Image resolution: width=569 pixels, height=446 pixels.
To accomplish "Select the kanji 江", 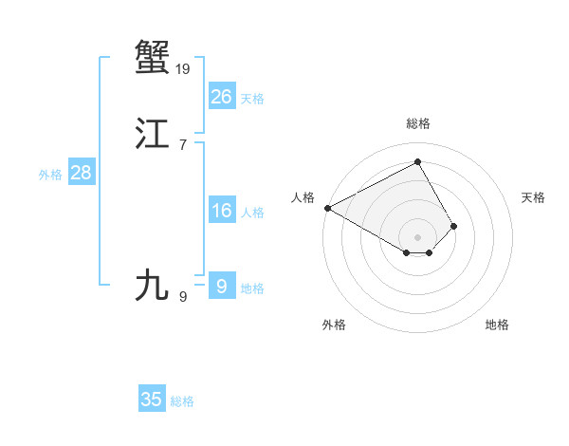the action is click(x=153, y=135).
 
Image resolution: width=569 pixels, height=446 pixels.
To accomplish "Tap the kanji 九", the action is click(x=153, y=285).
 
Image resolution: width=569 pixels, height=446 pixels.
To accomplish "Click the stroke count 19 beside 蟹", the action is click(x=183, y=68).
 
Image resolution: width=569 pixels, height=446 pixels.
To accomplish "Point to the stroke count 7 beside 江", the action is click(x=182, y=144).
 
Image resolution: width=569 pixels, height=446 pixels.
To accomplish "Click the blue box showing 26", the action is click(x=222, y=96).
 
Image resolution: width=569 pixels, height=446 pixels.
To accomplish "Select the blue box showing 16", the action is click(x=222, y=211).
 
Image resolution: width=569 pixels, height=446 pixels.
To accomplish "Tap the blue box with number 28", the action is click(x=81, y=173).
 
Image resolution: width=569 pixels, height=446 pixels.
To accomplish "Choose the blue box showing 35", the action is click(x=152, y=400).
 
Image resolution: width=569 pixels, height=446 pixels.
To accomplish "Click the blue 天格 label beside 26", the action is click(x=252, y=98).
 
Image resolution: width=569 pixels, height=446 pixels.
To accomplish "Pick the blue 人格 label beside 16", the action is click(x=252, y=213).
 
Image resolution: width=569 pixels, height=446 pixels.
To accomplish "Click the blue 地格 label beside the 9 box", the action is click(x=252, y=288).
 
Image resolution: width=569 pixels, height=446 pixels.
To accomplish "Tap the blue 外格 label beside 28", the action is click(x=50, y=175).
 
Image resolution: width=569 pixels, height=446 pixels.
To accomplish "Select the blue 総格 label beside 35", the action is click(x=182, y=401).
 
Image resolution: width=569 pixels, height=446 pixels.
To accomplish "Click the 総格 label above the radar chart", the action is click(x=418, y=123).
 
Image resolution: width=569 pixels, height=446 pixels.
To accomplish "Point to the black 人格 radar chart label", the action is click(x=303, y=197).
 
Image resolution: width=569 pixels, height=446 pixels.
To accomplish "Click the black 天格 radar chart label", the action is click(x=533, y=197).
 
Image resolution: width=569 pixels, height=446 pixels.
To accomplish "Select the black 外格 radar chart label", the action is click(x=334, y=325).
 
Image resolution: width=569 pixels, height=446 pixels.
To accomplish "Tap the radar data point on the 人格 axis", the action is click(x=327, y=208).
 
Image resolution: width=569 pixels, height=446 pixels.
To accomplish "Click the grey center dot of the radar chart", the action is click(x=418, y=236).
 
